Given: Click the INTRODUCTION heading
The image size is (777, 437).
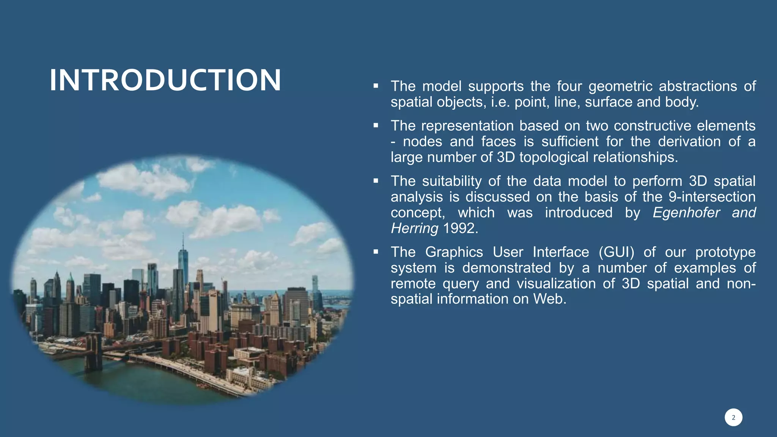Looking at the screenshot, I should pyautogui.click(x=165, y=80).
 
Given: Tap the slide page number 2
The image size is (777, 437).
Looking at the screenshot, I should pyautogui.click(x=733, y=418).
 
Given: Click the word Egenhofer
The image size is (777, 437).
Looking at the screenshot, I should pyautogui.click(x=686, y=212).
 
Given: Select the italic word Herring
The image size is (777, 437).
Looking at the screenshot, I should pyautogui.click(x=414, y=228).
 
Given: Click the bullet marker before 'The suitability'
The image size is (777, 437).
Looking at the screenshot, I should pyautogui.click(x=376, y=181).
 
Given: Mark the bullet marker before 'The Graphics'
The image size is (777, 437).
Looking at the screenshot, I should pyautogui.click(x=376, y=252).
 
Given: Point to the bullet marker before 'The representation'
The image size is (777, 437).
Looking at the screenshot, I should pyautogui.click(x=376, y=126).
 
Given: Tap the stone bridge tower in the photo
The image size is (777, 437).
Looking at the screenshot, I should pyautogui.click(x=94, y=351).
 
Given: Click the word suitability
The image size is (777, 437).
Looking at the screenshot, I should pyautogui.click(x=451, y=181).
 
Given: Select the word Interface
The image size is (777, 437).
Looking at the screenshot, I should pyautogui.click(x=560, y=252).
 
